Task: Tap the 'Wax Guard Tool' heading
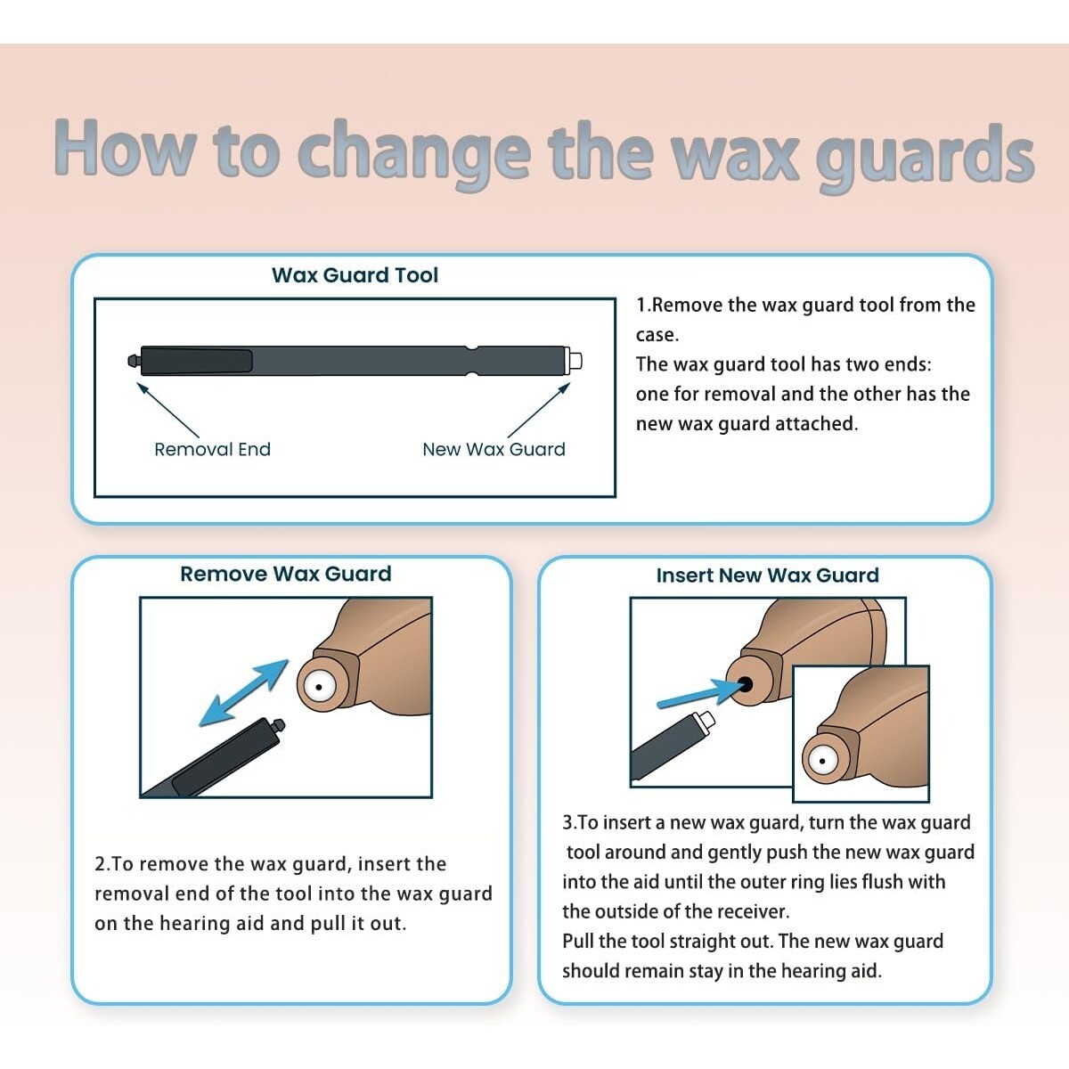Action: [355, 275]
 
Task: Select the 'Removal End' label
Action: [212, 450]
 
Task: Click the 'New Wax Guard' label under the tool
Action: [494, 450]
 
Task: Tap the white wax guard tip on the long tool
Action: [575, 361]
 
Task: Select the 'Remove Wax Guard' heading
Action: [285, 575]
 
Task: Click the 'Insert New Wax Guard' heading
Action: [767, 575]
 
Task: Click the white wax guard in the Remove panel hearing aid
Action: [318, 685]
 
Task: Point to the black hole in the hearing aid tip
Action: [745, 684]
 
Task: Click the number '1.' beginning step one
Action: [643, 306]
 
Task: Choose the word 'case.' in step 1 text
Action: [657, 335]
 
